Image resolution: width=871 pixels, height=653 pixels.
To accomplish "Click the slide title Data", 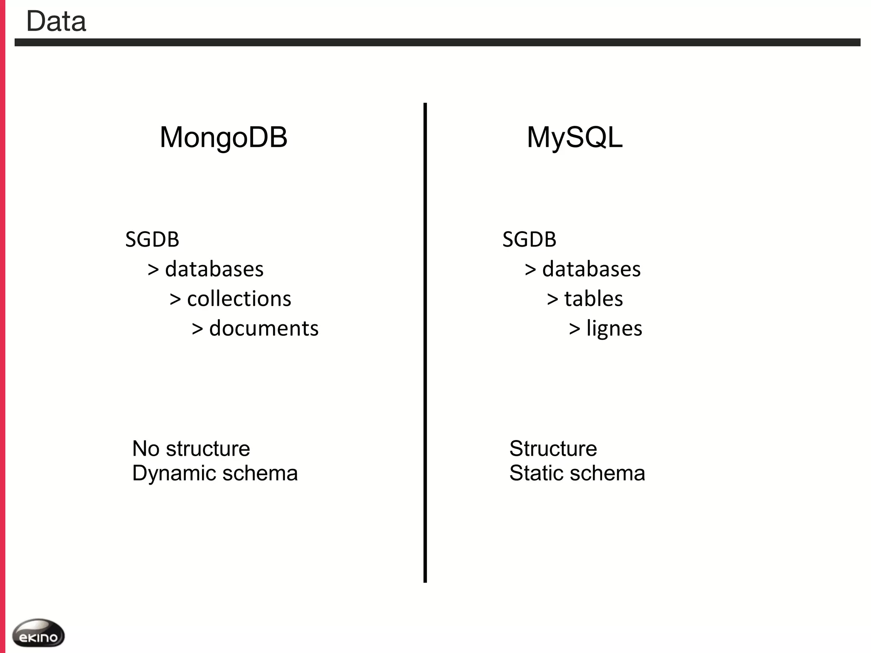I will (56, 21).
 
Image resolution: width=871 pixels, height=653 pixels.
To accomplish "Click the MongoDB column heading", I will (223, 137).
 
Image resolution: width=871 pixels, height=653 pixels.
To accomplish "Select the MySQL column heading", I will (575, 137).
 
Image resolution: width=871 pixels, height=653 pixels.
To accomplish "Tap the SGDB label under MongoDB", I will (152, 239).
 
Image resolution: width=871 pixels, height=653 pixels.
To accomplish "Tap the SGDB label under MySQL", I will (529, 239).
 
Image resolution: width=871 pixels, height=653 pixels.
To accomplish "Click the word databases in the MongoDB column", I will (214, 269).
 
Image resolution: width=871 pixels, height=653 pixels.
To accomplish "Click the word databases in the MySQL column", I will (591, 269).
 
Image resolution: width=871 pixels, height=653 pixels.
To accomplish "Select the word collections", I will (239, 299).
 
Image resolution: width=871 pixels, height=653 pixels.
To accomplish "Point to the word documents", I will (264, 329).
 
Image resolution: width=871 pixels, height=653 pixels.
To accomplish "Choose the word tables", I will (593, 299).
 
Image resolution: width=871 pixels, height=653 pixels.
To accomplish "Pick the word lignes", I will (614, 329).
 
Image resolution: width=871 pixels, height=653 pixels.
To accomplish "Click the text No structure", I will (191, 449).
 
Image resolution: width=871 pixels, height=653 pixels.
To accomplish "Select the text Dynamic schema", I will (215, 473).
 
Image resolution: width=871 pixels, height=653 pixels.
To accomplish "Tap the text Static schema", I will (577, 473).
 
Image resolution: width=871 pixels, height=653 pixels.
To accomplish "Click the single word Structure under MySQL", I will (553, 449).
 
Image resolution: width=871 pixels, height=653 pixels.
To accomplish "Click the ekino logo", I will (38, 633).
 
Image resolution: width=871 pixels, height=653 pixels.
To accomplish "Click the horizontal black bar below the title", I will (437, 42).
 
